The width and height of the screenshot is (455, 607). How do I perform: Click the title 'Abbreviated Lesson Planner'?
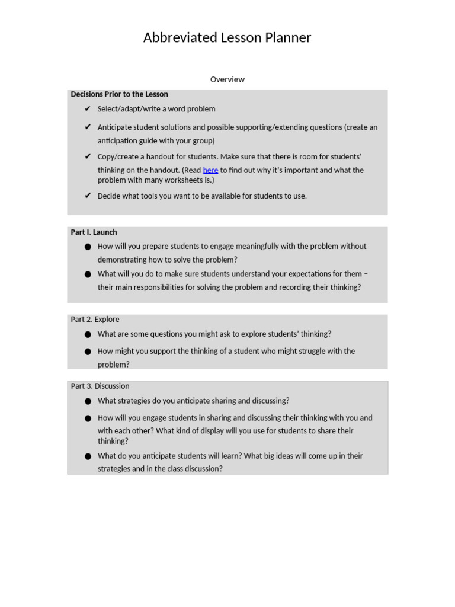[227, 38]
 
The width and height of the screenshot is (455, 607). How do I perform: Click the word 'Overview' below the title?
[227, 79]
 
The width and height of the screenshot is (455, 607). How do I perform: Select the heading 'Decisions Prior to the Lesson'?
[119, 94]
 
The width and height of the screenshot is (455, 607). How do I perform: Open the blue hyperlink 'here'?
[210, 170]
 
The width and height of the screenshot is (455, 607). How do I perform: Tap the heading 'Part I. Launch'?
[94, 232]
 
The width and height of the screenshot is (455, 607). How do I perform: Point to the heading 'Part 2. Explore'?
[95, 319]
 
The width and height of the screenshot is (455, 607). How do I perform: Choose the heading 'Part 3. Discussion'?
[100, 386]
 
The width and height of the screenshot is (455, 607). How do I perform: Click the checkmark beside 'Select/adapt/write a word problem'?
[88, 109]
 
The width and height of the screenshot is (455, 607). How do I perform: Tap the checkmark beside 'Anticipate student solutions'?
[88, 127]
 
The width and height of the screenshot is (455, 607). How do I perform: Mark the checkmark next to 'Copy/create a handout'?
[88, 157]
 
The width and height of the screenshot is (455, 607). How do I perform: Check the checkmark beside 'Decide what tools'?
[88, 196]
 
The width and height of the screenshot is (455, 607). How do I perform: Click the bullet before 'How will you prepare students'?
[88, 247]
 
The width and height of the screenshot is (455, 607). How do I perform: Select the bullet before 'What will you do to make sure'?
[88, 274]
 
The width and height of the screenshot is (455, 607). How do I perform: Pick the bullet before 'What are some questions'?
[88, 334]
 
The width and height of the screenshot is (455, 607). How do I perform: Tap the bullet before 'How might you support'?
[88, 352]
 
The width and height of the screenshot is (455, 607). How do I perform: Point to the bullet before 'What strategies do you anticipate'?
[88, 401]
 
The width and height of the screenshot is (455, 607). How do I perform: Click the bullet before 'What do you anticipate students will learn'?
[88, 456]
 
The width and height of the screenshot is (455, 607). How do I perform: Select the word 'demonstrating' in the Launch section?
[121, 260]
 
